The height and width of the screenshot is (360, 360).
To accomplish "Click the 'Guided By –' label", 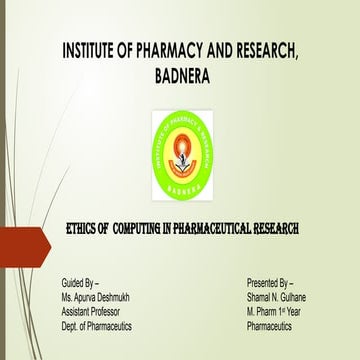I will [x=80, y=285].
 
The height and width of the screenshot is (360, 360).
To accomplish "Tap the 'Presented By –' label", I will [x=270, y=285].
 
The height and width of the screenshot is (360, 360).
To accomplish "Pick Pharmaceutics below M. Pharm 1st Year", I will [x=272, y=326].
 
